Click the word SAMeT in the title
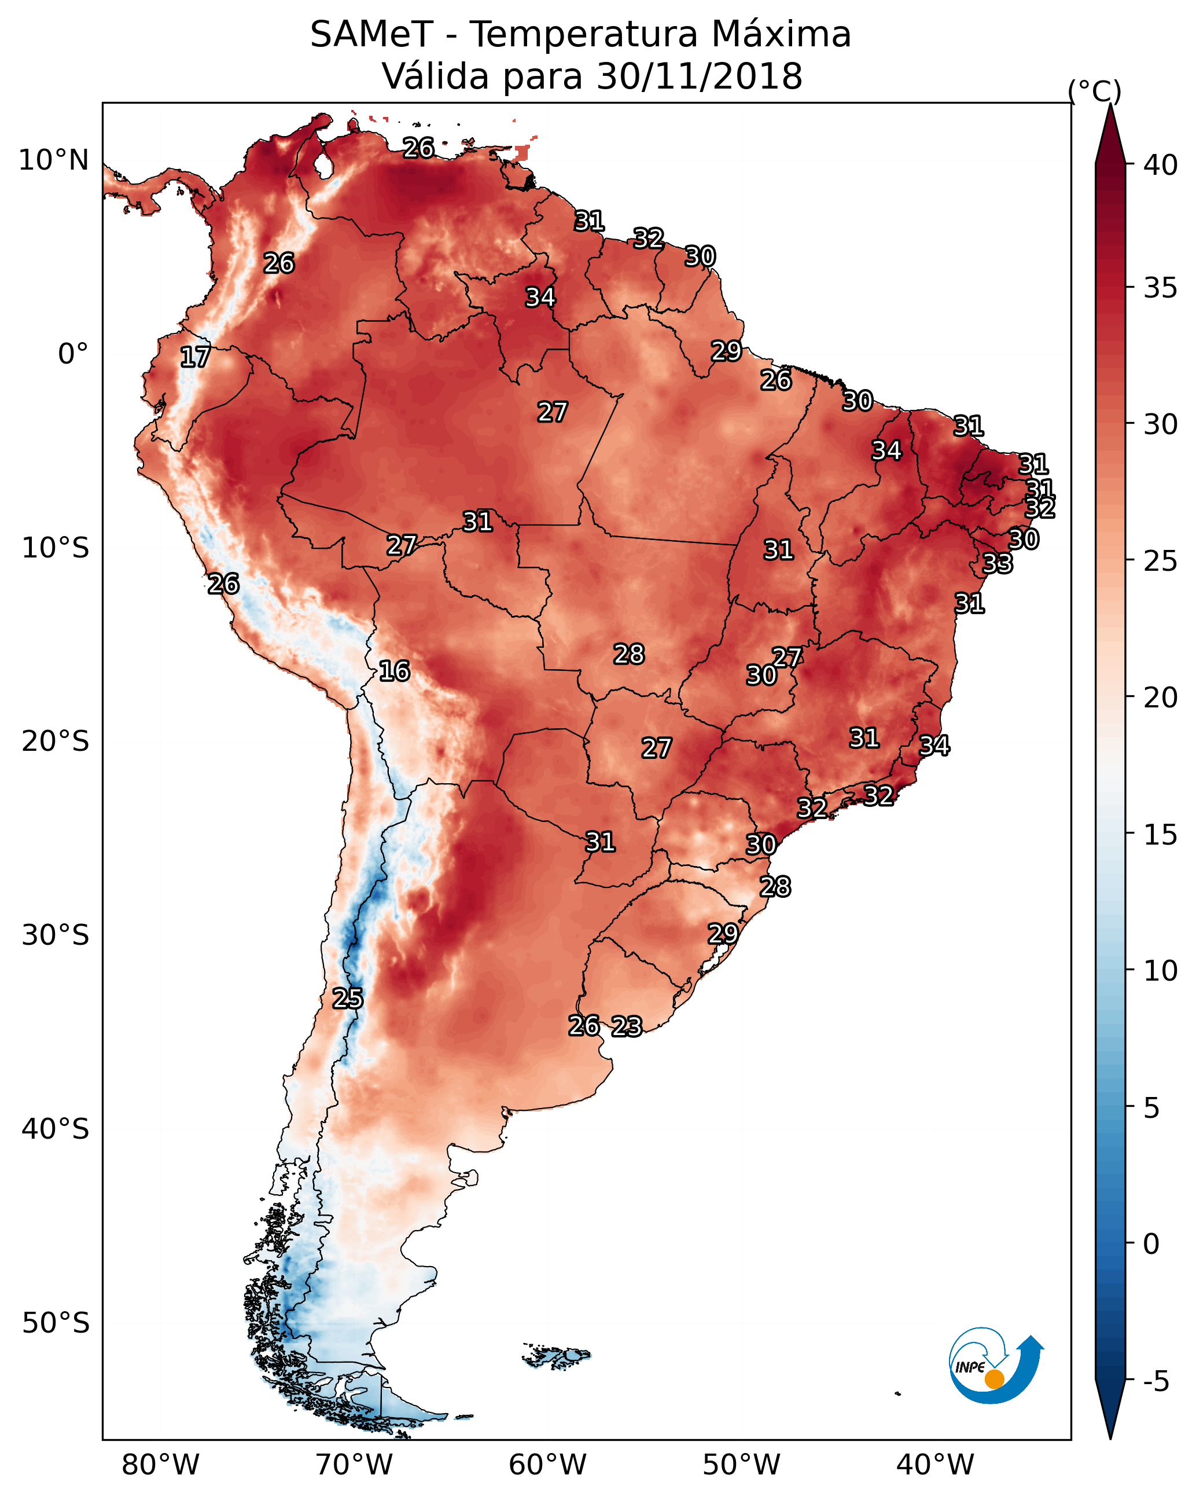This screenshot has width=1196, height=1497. tap(371, 35)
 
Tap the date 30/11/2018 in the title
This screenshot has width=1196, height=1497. tap(699, 76)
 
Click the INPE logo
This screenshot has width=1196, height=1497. tap(996, 1365)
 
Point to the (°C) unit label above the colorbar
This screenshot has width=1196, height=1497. tap(1094, 91)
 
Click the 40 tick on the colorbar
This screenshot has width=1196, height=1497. tap(1161, 165)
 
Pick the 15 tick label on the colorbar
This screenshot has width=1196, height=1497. tap(1161, 834)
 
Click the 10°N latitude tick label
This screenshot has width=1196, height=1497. tap(53, 160)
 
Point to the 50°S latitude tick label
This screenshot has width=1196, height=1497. tap(56, 1323)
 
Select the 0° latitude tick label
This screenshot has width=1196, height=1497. tap(73, 354)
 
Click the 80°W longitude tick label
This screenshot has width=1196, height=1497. tap(160, 1465)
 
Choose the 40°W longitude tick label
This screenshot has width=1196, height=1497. tap(935, 1465)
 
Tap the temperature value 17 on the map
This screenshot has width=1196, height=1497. tap(195, 358)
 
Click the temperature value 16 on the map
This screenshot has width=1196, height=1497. tap(394, 672)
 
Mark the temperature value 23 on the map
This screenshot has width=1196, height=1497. tap(627, 1026)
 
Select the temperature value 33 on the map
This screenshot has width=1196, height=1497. tap(998, 563)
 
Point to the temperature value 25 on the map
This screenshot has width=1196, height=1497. tap(347, 999)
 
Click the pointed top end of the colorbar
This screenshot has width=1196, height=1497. tap(1110, 104)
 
